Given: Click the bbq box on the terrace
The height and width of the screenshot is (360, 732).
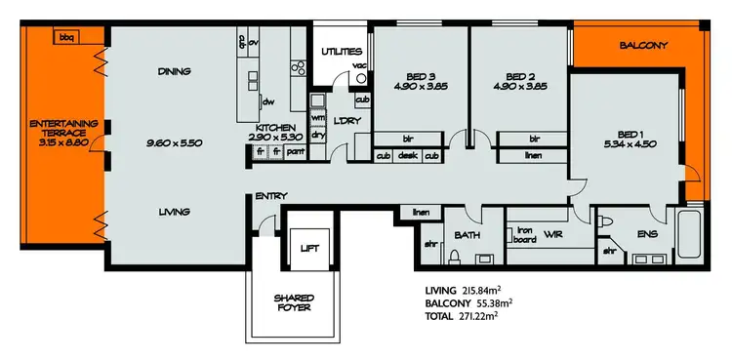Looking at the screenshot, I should point(66,37).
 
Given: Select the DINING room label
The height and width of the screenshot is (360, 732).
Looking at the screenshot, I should point(173,70).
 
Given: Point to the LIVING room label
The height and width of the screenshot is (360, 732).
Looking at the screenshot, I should point(173,212).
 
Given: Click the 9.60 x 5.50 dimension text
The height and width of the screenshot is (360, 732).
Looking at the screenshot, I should point(173,143).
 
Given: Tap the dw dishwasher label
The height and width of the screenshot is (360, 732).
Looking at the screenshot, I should point(267,101).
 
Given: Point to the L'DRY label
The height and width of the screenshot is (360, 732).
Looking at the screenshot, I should point(344,120).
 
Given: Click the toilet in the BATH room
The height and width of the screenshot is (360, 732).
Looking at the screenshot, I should point(454,258).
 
